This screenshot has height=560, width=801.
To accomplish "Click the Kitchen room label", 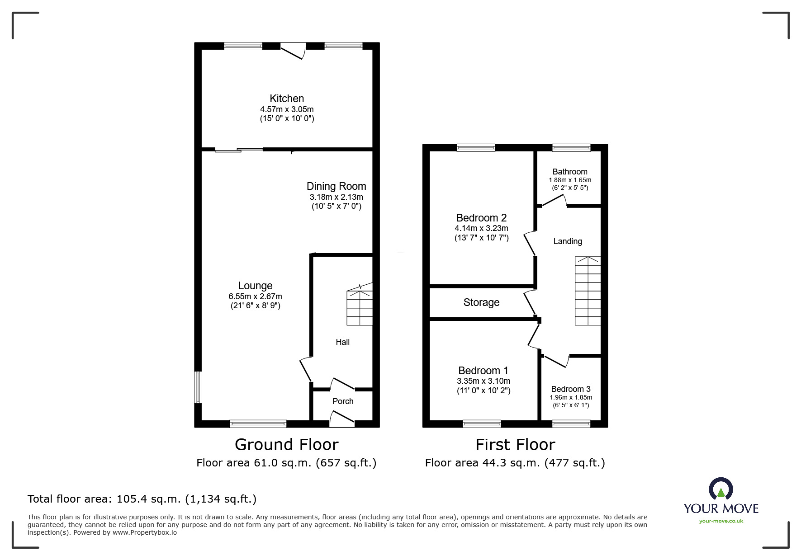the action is click(287, 99).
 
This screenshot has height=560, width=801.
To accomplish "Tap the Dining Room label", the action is click(336, 186).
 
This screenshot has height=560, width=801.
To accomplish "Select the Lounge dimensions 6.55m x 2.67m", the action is click(255, 296).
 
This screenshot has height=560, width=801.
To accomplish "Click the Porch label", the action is click(343, 401).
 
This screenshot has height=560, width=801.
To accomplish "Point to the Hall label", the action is click(342, 342).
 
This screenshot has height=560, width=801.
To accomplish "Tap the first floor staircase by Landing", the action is click(588, 291).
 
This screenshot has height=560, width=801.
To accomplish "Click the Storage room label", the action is click(481, 302).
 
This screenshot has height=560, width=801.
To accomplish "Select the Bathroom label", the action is click(570, 172).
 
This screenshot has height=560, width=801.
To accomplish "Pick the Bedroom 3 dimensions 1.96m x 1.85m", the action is click(571, 398).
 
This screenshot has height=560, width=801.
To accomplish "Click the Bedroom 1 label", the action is click(483, 371).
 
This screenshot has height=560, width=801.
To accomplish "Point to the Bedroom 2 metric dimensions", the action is click(481, 229).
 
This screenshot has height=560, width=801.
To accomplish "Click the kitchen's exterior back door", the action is click(293, 51).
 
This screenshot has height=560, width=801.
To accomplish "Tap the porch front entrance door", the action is click(342, 419).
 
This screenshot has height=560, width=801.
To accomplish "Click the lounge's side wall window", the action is click(198, 387).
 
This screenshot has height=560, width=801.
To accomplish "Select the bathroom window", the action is click(571, 147).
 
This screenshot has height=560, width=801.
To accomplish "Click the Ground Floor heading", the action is click(287, 445).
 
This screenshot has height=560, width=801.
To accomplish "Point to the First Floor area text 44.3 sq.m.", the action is click(515, 463).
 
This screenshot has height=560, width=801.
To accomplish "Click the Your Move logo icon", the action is click(720, 489).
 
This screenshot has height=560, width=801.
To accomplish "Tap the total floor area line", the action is click(142, 499).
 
